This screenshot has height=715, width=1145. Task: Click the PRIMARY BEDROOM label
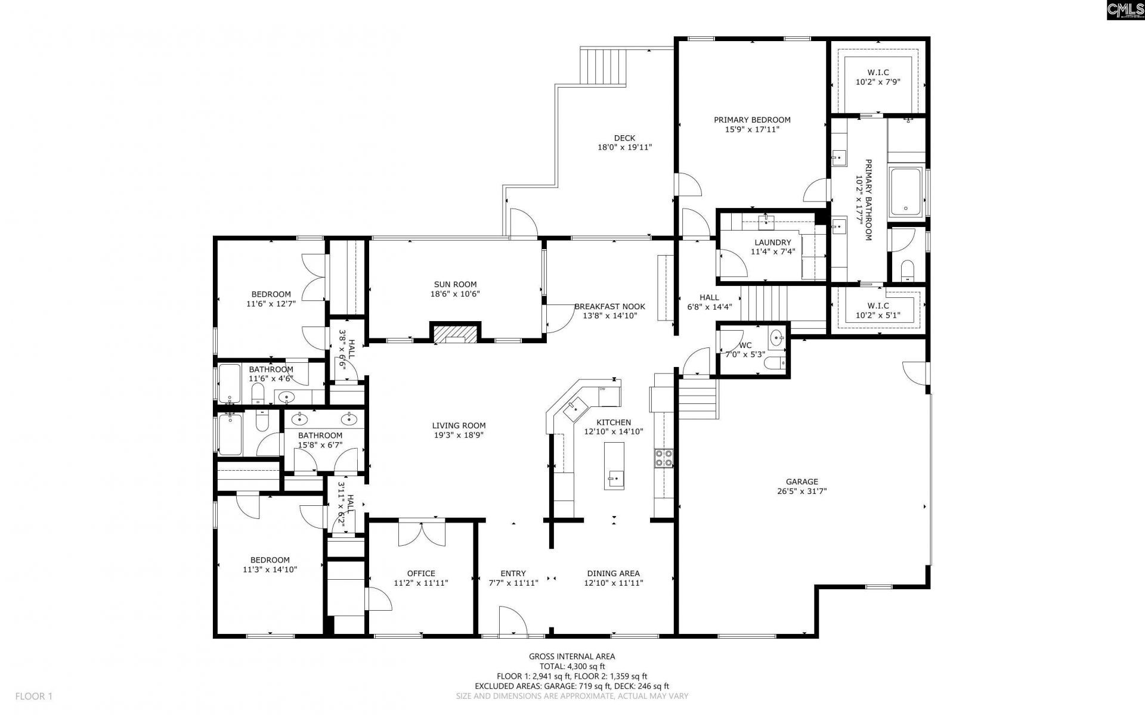752,120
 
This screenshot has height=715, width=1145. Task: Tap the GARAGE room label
801,482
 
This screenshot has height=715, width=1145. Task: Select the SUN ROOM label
455,284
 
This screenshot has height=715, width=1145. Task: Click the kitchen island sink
614,477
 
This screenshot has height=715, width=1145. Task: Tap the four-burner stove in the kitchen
664,458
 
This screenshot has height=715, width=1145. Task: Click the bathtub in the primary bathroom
906,192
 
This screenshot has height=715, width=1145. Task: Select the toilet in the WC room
774,363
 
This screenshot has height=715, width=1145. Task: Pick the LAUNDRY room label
772,243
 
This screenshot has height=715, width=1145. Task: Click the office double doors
422,533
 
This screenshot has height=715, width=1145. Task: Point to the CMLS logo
1125,11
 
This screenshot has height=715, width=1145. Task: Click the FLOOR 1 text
34,696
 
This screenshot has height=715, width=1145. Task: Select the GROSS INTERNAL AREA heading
572,657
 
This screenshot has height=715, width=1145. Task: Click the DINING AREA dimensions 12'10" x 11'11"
613,583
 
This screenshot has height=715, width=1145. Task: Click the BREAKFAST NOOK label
609,306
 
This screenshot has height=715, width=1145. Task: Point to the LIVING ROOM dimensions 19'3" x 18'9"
459,436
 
